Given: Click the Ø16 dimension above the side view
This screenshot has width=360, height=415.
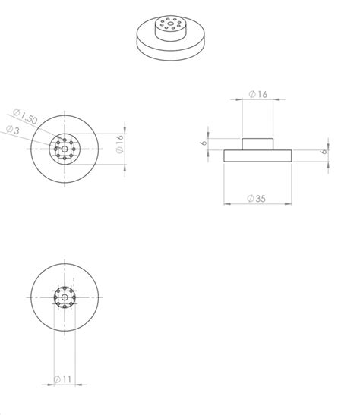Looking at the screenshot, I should [257, 94].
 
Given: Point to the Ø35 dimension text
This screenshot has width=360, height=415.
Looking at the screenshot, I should [258, 198].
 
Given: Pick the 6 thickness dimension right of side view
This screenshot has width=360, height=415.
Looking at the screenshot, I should [324, 151].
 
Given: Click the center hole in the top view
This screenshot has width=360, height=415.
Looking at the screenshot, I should [66, 147].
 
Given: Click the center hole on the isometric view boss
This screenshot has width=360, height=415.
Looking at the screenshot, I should [172, 24].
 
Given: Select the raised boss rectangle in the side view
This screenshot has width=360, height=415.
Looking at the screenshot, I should [257, 143].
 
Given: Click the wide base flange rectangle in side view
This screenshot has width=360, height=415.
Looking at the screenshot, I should [257, 156].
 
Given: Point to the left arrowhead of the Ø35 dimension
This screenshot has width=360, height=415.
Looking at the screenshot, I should [226, 203].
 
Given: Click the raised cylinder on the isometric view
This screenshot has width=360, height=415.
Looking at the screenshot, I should [172, 29].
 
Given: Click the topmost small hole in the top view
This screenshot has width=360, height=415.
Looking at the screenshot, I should [66, 139].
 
